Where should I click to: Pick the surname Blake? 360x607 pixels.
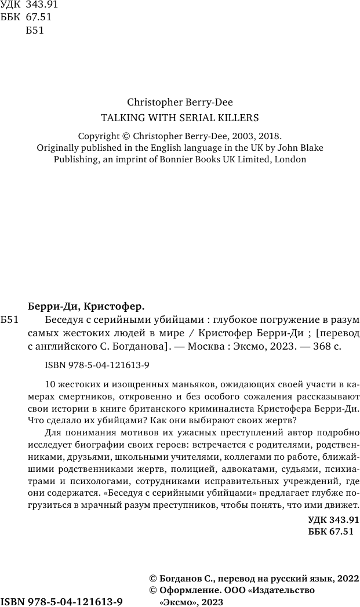click(310, 147)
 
